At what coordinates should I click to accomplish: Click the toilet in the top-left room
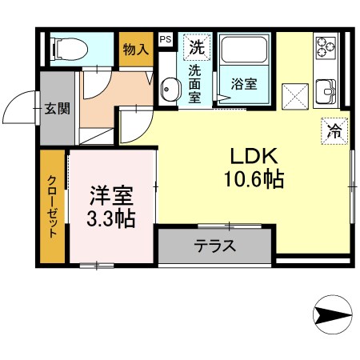click(x=69, y=50)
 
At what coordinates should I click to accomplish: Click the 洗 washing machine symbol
click(x=196, y=46)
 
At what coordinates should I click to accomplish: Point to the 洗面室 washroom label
click(x=195, y=82)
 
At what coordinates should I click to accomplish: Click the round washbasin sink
click(x=170, y=90)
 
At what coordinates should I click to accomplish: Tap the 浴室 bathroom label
click(x=244, y=83)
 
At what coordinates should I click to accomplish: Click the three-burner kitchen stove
click(x=326, y=49)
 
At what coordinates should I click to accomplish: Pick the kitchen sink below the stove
click(x=326, y=90)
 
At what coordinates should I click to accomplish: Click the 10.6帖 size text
click(x=254, y=180)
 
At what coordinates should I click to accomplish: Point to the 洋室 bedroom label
click(x=110, y=194)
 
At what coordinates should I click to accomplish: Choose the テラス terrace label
click(x=215, y=245)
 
